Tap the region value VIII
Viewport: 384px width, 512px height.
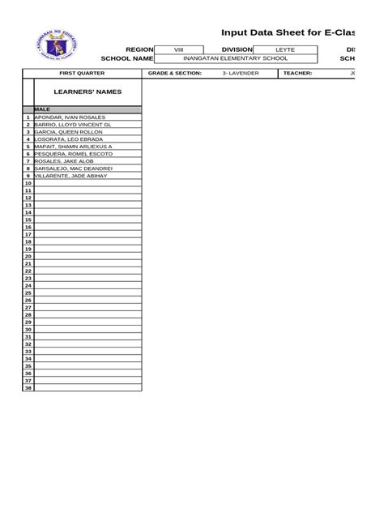tap(179, 49)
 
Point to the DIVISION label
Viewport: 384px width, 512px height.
tap(232, 49)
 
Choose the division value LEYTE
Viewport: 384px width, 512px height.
tap(285, 49)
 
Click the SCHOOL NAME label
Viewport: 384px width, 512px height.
tap(126, 58)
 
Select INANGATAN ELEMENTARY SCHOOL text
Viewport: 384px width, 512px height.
tap(235, 58)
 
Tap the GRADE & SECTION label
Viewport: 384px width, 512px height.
tap(175, 73)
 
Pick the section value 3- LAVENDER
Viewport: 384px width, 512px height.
tap(241, 73)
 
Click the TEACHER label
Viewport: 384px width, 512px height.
tap(297, 73)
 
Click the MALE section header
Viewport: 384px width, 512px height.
tap(43, 109)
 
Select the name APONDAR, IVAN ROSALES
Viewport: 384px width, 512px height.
tap(70, 117)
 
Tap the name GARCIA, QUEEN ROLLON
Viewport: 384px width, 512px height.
tap(69, 132)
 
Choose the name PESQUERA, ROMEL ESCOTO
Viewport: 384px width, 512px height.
tap(72, 153)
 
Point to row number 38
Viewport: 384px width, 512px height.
tap(28, 387)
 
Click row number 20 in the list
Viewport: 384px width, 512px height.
tap(28, 256)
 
